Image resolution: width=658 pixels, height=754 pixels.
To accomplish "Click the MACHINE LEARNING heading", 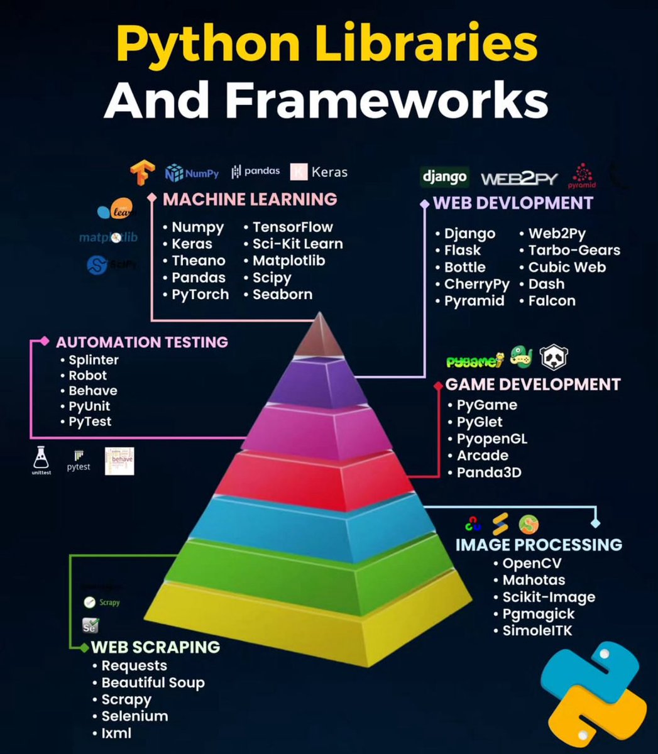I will click(x=249, y=199).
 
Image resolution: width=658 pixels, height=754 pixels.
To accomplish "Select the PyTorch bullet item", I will click(x=200, y=294).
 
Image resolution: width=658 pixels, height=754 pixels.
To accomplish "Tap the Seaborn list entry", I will click(x=282, y=294).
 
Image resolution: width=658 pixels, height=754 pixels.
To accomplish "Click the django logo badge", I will click(x=444, y=177).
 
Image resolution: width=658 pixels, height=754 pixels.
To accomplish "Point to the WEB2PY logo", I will click(x=519, y=179).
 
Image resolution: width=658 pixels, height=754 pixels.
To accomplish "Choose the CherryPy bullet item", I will click(x=476, y=284).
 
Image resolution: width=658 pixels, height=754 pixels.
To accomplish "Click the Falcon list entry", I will click(x=551, y=301).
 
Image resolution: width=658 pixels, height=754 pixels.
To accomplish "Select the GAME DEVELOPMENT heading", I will click(x=533, y=384).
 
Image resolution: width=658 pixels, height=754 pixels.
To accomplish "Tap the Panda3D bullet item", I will click(x=488, y=473).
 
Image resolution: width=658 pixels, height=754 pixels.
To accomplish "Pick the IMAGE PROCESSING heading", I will click(x=539, y=544).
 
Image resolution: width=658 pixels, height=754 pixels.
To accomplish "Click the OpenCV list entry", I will click(x=531, y=563).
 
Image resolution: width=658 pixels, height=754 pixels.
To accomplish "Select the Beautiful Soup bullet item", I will click(x=153, y=682).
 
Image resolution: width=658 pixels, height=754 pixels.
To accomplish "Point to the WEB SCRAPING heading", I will click(x=155, y=647).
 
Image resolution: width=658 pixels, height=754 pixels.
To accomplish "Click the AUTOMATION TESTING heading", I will click(x=141, y=342).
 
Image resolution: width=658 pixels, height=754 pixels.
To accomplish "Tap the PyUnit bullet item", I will click(x=89, y=406).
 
